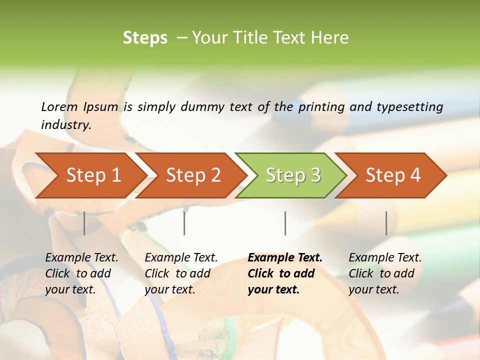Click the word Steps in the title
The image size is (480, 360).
145,38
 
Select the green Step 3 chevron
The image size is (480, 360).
293,175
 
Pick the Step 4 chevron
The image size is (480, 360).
393,175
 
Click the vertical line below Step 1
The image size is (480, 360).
84,223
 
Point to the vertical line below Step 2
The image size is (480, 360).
184,223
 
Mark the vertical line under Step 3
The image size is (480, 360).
285,223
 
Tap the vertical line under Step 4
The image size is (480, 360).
386,223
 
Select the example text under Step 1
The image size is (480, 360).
81,273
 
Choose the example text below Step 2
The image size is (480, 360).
181,273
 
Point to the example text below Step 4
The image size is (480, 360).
385,273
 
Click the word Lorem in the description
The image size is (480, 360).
59,106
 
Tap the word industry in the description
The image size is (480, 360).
66,125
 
